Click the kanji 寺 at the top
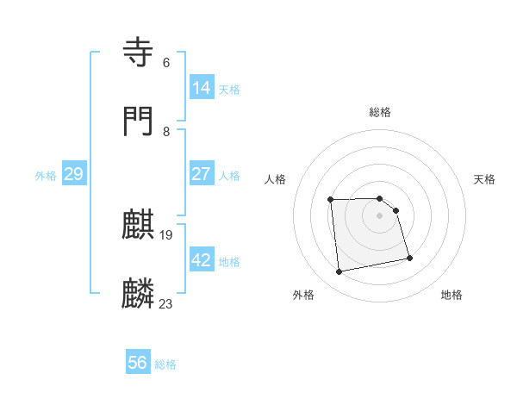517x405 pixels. (x=140, y=53)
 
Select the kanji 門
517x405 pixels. (x=140, y=121)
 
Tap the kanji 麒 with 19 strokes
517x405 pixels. (x=140, y=226)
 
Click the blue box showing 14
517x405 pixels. (x=202, y=88)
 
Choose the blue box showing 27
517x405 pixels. (x=202, y=174)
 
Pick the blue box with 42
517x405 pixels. (x=202, y=260)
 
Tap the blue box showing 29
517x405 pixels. (x=74, y=174)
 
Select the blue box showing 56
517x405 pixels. (x=138, y=364)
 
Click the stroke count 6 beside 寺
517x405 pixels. (x=166, y=63)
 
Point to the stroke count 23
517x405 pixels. (x=166, y=303)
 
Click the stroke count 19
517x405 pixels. (x=167, y=234)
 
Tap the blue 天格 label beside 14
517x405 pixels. (x=229, y=89)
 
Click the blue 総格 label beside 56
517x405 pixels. (x=165, y=364)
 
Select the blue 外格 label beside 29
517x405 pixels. (x=46, y=175)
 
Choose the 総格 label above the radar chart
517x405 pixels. (x=380, y=112)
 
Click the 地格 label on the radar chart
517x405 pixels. (x=452, y=295)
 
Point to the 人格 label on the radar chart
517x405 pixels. (x=276, y=179)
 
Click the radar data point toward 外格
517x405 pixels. (x=339, y=272)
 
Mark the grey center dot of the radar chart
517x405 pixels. (x=380, y=215)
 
